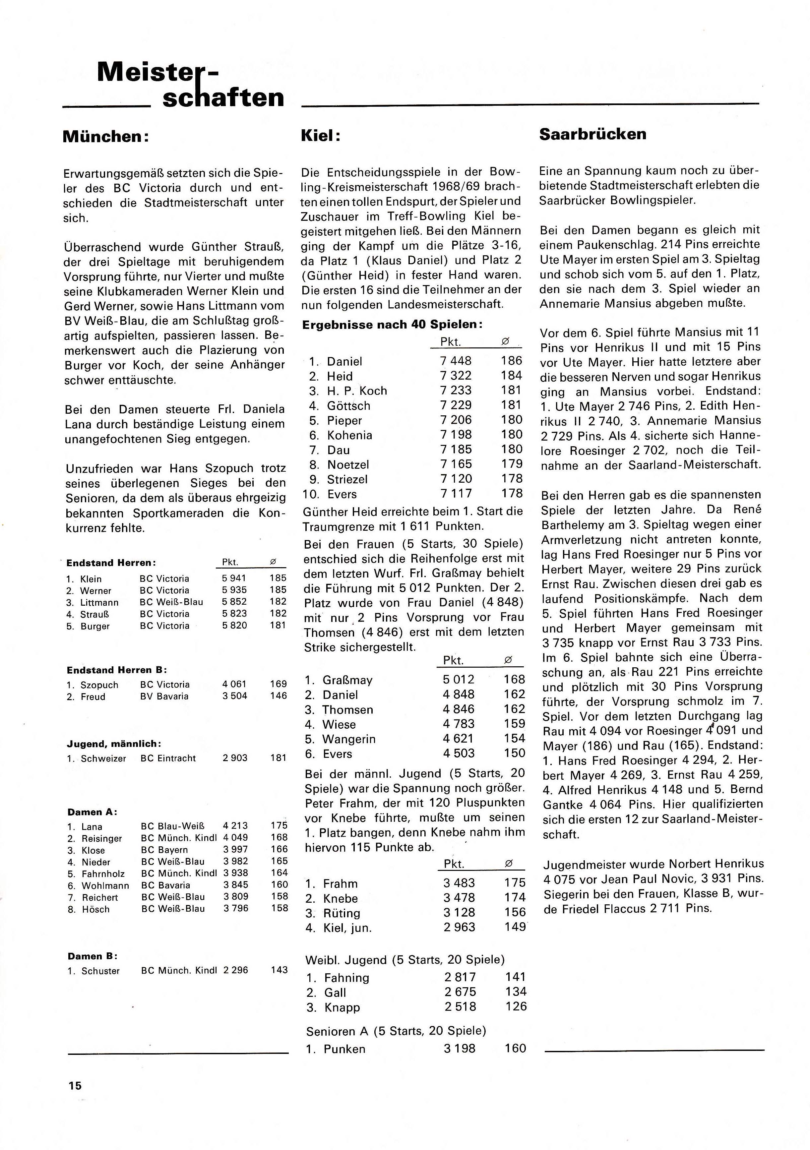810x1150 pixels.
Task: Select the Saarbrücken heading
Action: click(x=592, y=134)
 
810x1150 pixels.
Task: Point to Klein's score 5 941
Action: click(x=234, y=578)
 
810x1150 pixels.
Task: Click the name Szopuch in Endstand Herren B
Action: click(x=100, y=685)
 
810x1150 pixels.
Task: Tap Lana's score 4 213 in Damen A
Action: click(x=235, y=825)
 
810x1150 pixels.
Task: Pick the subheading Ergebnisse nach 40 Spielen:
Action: click(x=393, y=325)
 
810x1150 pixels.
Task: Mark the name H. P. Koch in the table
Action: click(x=357, y=391)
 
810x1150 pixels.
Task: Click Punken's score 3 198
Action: click(x=459, y=1048)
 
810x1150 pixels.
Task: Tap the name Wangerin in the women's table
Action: click(x=349, y=739)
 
